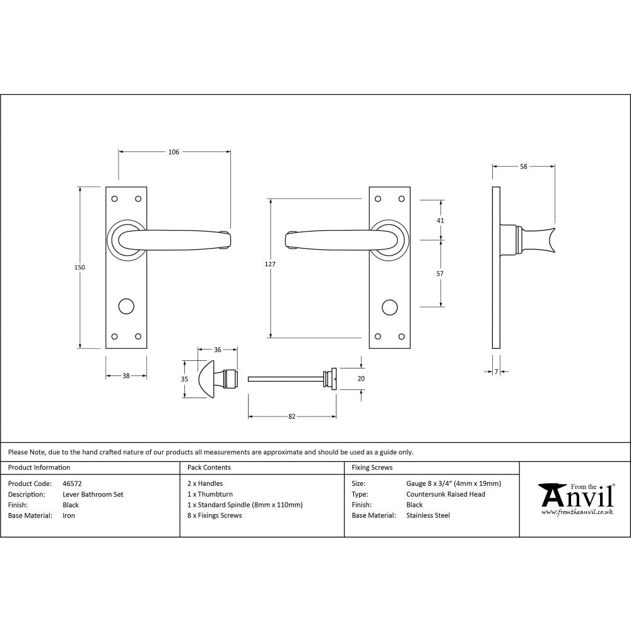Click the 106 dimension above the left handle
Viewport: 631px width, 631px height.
pyautogui.click(x=174, y=151)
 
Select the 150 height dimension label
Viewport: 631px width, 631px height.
pyautogui.click(x=80, y=268)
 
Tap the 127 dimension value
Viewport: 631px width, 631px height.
pyautogui.click(x=270, y=264)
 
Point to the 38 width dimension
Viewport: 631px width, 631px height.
pyautogui.click(x=126, y=375)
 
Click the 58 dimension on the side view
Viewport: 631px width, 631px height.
pyautogui.click(x=524, y=167)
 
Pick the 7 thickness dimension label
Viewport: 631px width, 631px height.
pyautogui.click(x=497, y=372)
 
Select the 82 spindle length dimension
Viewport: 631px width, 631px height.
pyautogui.click(x=292, y=416)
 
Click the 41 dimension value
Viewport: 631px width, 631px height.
pyautogui.click(x=440, y=220)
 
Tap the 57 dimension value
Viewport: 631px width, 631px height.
pyautogui.click(x=440, y=273)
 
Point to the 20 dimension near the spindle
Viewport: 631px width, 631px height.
pyautogui.click(x=361, y=379)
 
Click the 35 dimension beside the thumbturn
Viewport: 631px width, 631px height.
pyautogui.click(x=184, y=379)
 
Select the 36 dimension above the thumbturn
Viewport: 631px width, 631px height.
pyautogui.click(x=217, y=350)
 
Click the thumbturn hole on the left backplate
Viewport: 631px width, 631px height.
pyautogui.click(x=126, y=307)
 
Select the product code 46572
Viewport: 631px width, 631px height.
pyautogui.click(x=73, y=483)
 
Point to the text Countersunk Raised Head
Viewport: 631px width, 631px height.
pyautogui.click(x=445, y=494)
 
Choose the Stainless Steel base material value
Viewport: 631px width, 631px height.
pyautogui.click(x=428, y=516)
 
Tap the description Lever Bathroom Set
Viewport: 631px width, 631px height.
pyautogui.click(x=93, y=494)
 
